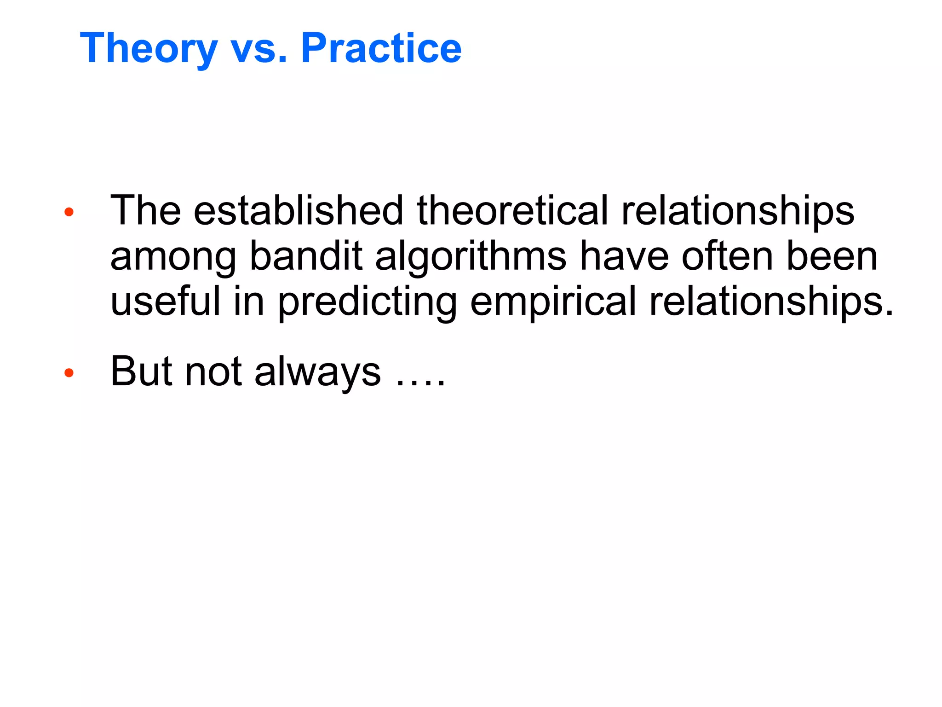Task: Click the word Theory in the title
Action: click(149, 49)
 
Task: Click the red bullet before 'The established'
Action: click(69, 212)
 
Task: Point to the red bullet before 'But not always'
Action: click(69, 373)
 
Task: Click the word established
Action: click(298, 210)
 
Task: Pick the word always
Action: click(317, 372)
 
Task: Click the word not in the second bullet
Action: click(213, 372)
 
